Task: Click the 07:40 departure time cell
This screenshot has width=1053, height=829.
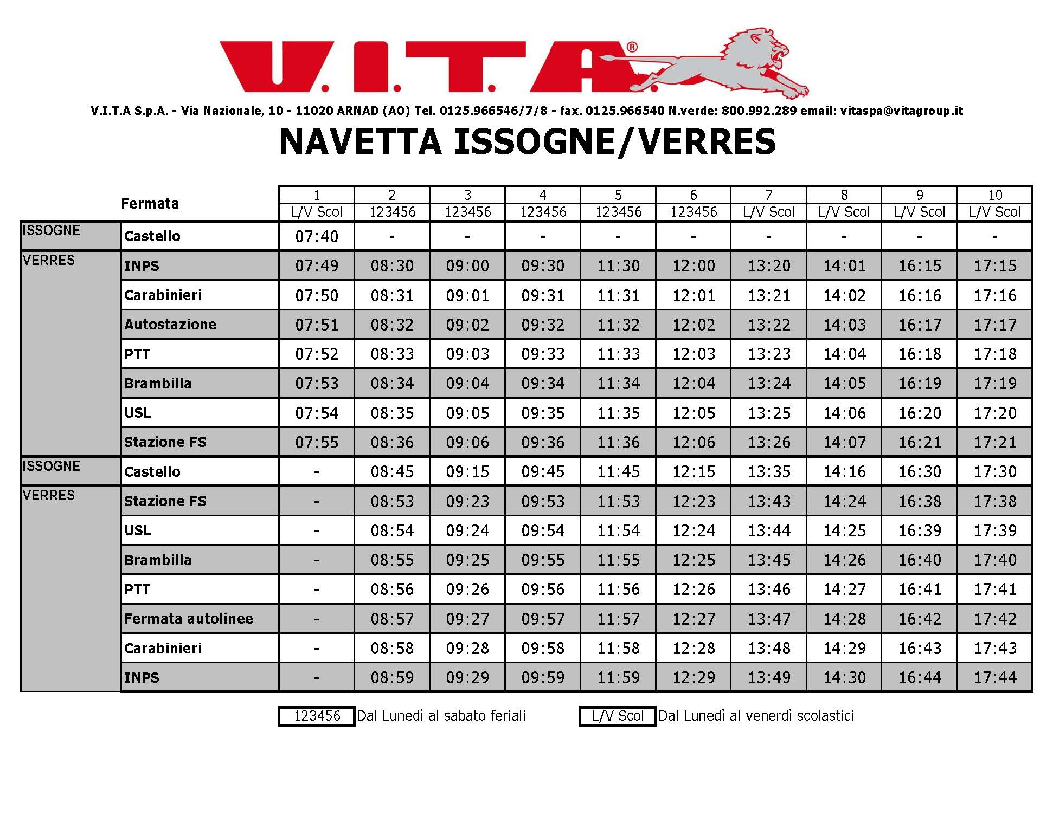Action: pos(317,236)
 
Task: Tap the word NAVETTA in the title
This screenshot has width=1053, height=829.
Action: pos(360,142)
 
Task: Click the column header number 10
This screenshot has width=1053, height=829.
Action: pos(994,195)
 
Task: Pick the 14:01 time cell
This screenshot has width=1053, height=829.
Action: pos(844,265)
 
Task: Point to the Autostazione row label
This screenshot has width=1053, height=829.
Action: pos(170,325)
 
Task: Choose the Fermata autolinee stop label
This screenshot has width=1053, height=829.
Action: pos(189,619)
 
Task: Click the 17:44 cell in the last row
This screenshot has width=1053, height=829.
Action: pos(994,677)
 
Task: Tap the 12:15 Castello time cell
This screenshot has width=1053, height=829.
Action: pos(694,471)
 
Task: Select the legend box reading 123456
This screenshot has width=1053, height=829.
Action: pos(317,716)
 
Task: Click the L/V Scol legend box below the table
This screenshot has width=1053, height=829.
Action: pos(618,716)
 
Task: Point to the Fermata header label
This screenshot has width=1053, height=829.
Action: pos(150,204)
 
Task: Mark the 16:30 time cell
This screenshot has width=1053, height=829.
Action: pos(920,471)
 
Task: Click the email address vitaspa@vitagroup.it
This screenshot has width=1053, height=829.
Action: pos(901,111)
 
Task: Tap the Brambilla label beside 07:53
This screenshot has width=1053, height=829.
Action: pos(158,384)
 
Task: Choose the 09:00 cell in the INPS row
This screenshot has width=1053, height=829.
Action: pos(467,265)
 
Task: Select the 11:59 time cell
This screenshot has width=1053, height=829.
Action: pos(618,677)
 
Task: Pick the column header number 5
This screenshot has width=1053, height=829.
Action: pos(618,195)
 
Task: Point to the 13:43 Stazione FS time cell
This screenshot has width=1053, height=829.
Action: pos(769,501)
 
